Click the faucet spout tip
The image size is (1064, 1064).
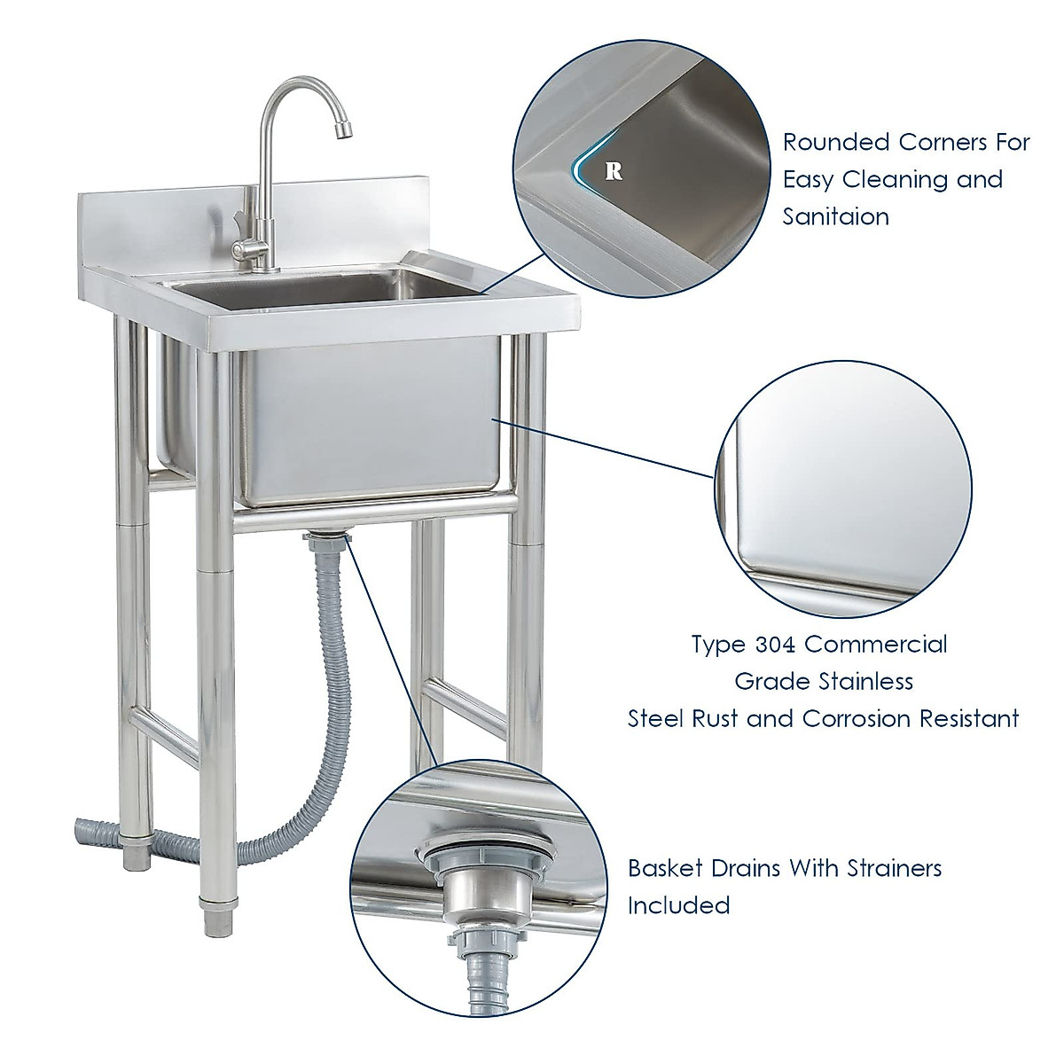tap(341, 133)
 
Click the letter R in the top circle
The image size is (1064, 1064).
tap(613, 171)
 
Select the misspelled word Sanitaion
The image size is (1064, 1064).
tap(835, 216)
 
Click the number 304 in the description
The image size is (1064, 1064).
tap(778, 644)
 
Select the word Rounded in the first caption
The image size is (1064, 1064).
tap(836, 142)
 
